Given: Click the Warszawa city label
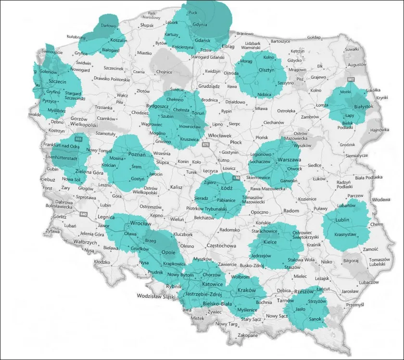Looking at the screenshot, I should tap(289, 159).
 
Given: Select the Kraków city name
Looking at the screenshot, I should tap(246, 291).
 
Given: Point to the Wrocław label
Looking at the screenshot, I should tap(141, 224).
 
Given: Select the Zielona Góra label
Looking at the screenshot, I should tap(77, 171).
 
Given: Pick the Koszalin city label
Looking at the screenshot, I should tap(118, 40).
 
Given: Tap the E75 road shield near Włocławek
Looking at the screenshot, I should tap(206, 144).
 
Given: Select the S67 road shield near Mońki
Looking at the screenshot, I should tap(351, 79).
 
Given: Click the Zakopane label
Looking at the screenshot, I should tap(247, 335).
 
